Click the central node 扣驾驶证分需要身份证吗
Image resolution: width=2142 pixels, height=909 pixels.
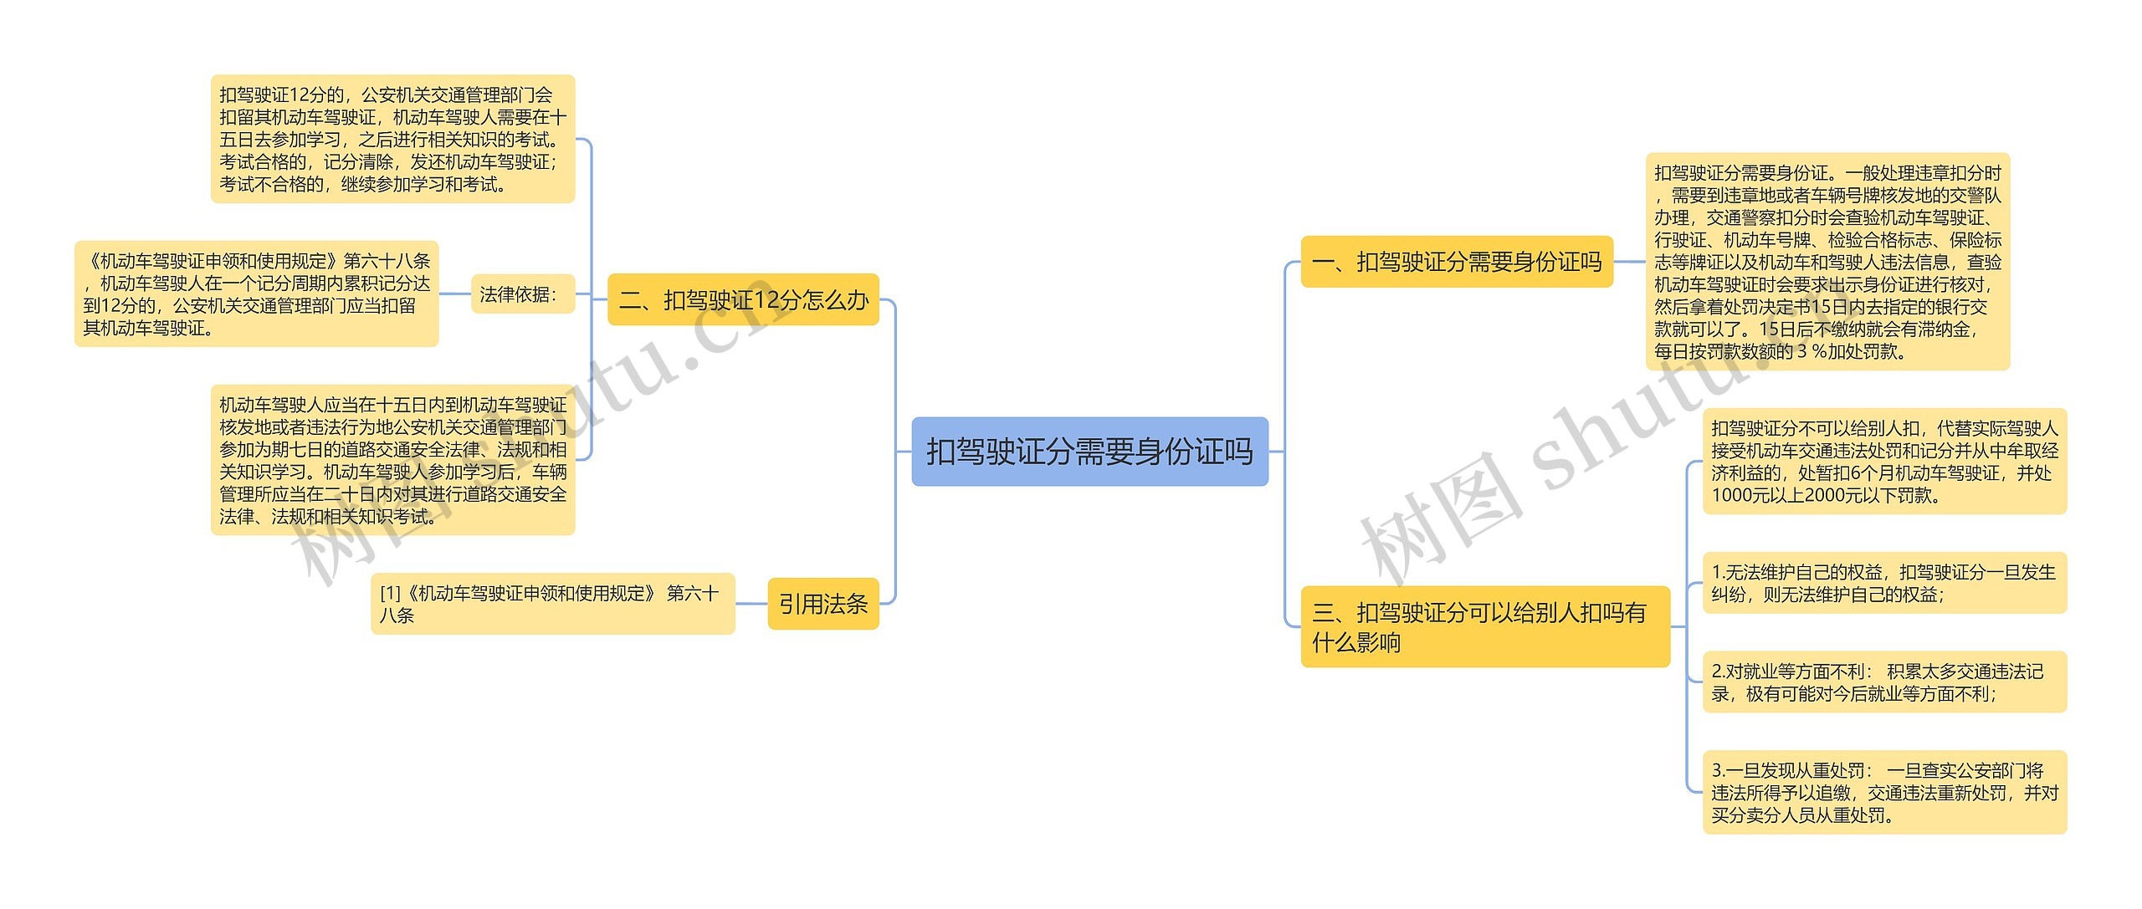(x=1089, y=452)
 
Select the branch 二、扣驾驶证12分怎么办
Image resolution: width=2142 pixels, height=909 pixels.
(x=743, y=299)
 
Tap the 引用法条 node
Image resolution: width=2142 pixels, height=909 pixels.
(x=823, y=604)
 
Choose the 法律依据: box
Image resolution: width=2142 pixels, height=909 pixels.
(x=523, y=294)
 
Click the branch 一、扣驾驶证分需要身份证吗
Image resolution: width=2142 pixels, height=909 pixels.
(x=1457, y=262)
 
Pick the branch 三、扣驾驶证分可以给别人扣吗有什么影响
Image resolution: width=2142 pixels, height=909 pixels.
(x=1484, y=627)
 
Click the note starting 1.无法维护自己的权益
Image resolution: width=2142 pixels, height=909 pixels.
(x=1884, y=583)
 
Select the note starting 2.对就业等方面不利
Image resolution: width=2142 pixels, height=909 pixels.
(x=1884, y=682)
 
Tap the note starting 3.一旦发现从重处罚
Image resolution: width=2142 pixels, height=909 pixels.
(x=1884, y=792)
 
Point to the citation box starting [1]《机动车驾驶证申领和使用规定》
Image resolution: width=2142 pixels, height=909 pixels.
(x=552, y=604)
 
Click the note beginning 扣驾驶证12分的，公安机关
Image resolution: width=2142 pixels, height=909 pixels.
(x=392, y=139)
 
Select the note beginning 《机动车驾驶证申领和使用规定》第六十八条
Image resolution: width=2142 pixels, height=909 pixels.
(x=256, y=294)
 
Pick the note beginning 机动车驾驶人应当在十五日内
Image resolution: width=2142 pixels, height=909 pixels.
(x=392, y=460)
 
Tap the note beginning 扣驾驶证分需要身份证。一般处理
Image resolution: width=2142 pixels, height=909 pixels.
(x=1827, y=262)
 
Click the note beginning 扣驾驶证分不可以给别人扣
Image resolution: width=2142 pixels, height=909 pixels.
(x=1884, y=462)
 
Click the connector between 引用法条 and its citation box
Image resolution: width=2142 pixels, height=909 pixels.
(x=751, y=604)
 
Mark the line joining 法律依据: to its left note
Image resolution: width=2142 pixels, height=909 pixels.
(x=454, y=294)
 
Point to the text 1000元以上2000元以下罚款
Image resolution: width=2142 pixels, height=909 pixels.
(x=1824, y=495)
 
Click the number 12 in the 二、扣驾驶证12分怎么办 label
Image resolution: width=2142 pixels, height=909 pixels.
(x=743, y=299)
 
